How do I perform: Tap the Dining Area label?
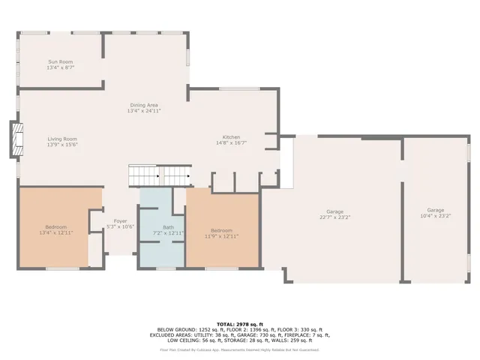click(x=145, y=105)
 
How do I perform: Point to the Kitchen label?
click(x=230, y=137)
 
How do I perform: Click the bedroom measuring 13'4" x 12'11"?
click(x=55, y=232)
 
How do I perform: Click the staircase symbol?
click(x=159, y=176)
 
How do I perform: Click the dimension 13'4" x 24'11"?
click(x=145, y=110)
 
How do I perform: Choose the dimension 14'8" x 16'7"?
click(x=230, y=142)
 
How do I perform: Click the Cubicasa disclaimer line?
click(x=239, y=349)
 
